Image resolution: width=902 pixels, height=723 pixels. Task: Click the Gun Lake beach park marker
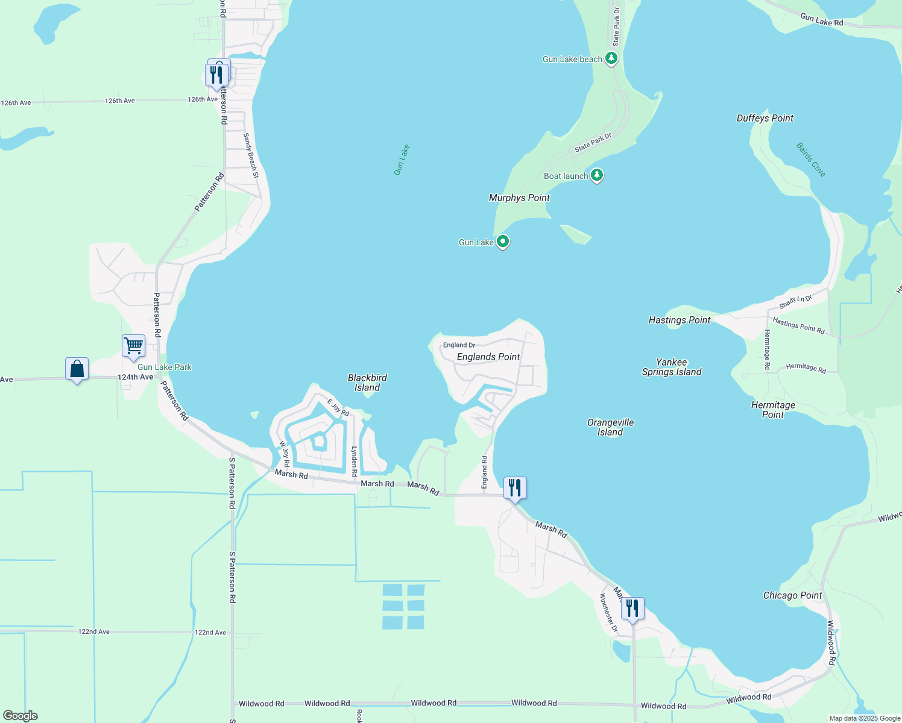pos(611,58)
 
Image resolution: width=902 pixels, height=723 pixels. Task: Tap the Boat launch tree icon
pos(597,175)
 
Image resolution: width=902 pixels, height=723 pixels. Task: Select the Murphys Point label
pos(519,198)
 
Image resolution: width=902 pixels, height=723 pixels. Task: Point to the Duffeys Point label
pos(765,118)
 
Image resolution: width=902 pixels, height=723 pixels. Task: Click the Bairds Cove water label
pos(810,160)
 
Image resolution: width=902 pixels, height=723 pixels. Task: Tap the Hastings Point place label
pos(680,320)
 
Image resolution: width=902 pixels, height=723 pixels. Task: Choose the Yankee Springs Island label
pos(672,367)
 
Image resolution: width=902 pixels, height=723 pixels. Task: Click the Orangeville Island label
pos(610,427)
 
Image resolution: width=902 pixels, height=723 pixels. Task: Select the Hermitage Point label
pos(773,410)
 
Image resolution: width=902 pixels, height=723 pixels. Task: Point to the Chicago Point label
pos(792,595)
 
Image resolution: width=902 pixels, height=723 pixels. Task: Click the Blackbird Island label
pos(367,383)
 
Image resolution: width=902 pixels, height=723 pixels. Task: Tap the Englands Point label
pos(488,357)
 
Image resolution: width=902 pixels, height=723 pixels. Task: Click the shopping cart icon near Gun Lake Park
pos(133,346)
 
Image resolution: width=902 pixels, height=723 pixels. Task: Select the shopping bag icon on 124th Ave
pos(77,369)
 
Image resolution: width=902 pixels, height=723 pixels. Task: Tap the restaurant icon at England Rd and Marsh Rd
pos(515,488)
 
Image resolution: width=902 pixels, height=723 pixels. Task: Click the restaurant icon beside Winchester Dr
pos(632,609)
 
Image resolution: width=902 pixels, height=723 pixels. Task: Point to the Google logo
pos(20,716)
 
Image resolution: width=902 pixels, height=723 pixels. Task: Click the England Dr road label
pos(459,345)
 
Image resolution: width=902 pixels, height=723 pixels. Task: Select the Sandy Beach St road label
pos(251,156)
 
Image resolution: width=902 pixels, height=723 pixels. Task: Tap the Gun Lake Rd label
pos(821,20)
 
